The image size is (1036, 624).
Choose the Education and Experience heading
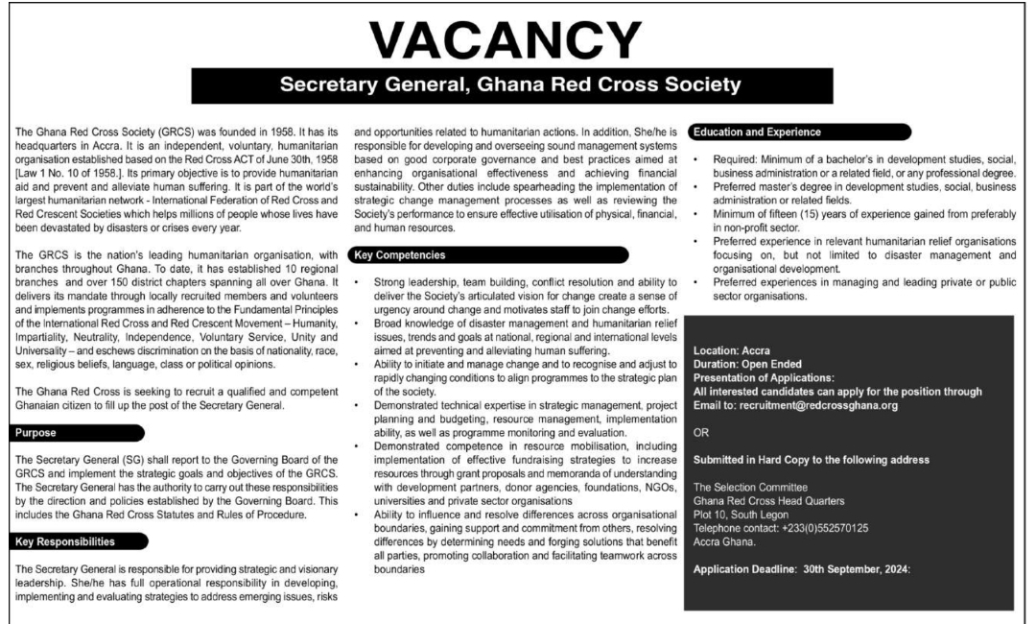tap(759, 132)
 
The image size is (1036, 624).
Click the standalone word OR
tap(700, 432)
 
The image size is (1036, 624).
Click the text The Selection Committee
tap(750, 488)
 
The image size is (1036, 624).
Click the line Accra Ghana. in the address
tap(725, 541)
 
